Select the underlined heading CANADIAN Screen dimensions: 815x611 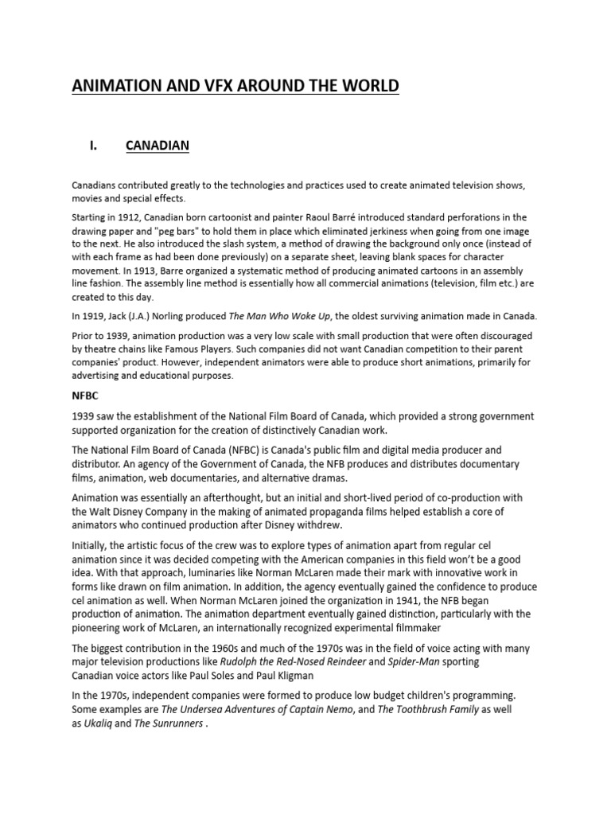point(158,146)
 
